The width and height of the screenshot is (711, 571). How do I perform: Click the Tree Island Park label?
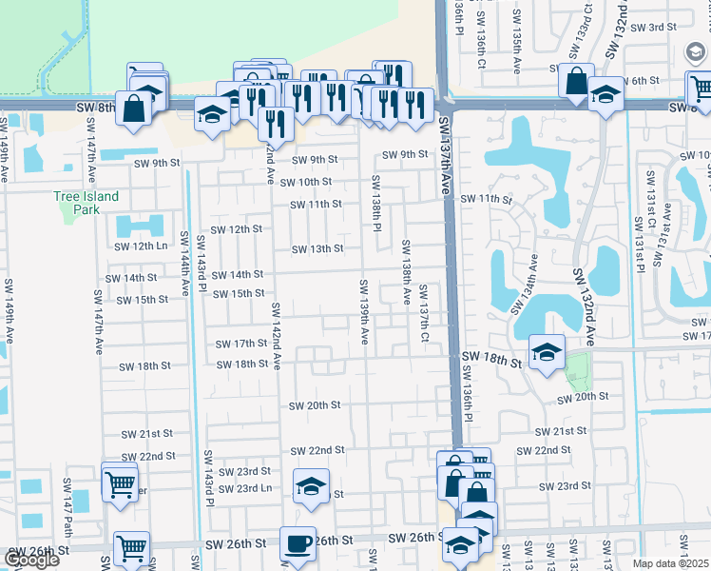click(x=86, y=203)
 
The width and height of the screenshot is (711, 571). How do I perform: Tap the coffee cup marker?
click(x=298, y=544)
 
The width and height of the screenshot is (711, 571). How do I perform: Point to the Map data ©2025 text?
click(x=670, y=563)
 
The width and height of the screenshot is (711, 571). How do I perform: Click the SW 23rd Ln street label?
click(x=245, y=489)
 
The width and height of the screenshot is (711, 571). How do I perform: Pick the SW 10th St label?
click(x=306, y=182)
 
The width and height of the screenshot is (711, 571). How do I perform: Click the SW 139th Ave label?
click(x=364, y=312)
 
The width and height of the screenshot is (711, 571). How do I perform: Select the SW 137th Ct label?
click(x=424, y=315)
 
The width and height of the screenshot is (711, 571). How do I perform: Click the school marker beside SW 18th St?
click(x=547, y=353)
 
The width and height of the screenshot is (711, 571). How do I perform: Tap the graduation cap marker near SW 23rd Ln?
click(x=311, y=487)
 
